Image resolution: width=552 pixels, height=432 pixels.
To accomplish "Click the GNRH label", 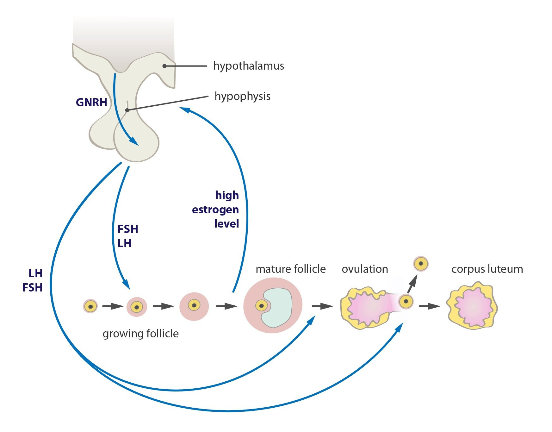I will [91, 103].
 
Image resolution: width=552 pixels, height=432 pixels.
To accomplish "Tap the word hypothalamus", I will [249, 66].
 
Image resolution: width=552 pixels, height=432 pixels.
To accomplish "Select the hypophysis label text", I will [242, 96].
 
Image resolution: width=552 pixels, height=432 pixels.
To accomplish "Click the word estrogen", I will [215, 210].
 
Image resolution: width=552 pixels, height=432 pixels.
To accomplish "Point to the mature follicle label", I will [290, 269].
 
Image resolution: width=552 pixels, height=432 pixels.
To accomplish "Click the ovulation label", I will [365, 269].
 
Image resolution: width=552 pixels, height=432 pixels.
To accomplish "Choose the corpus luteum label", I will [487, 269].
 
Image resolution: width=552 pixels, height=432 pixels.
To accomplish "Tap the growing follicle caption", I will [140, 334].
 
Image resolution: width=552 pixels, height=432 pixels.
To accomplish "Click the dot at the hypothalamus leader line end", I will [164, 66].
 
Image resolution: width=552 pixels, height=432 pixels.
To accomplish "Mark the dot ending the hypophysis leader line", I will [127, 110].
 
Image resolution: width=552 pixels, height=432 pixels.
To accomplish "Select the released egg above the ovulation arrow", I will [421, 264].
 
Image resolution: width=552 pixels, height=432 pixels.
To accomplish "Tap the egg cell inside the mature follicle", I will [261, 305].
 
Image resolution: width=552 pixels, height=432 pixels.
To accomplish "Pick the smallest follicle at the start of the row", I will [90, 306].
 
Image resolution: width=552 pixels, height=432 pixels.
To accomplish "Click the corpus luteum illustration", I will [472, 306].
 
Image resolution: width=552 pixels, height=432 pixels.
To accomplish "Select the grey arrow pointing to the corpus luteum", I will [429, 306].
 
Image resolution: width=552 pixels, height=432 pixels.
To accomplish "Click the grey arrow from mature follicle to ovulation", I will [322, 306].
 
